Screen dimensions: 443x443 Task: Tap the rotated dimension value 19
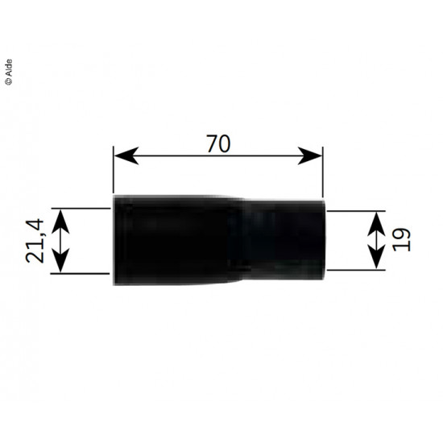tap(403, 239)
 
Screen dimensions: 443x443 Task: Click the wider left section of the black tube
tap(173, 240)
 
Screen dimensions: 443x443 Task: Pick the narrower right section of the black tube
tap(286, 240)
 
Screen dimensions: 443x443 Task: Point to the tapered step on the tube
tap(240, 240)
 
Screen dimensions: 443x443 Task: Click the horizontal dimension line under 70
tap(217, 157)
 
